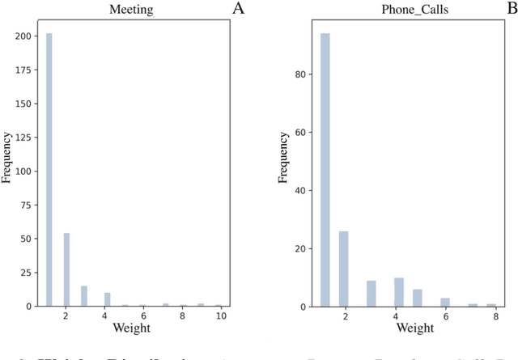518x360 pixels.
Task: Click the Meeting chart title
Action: [131, 10]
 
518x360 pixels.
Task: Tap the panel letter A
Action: [238, 9]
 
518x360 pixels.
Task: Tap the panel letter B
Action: [511, 9]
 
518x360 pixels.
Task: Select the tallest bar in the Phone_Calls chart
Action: [325, 170]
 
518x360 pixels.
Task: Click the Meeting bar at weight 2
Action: [66, 269]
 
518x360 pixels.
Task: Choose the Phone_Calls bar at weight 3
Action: [372, 294]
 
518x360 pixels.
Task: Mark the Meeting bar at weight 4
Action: [107, 299]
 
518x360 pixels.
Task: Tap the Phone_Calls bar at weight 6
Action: [444, 302]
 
